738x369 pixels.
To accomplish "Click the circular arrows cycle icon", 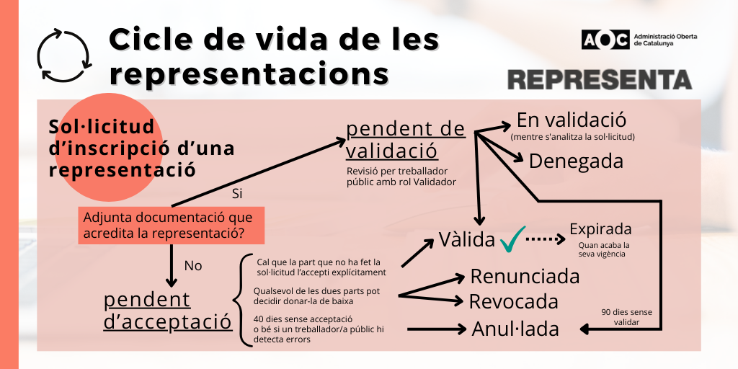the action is tap(64, 55).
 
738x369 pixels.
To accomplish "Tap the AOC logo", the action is tap(605, 40).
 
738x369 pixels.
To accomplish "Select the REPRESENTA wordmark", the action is tap(600, 79).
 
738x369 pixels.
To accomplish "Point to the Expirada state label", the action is tap(600, 229).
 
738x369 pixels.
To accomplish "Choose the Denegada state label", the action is tap(576, 161).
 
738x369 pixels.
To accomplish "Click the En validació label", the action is tap(572, 120).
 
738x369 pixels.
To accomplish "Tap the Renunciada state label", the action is tap(525, 276).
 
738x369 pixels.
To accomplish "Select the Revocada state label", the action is tap(514, 301).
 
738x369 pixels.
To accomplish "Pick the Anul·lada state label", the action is tap(515, 329).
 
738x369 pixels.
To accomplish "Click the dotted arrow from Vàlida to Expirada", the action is tap(546, 239).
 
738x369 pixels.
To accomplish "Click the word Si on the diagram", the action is tap(237, 193).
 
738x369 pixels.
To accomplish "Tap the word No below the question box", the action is tap(193, 266).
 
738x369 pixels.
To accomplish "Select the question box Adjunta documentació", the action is tap(172, 226).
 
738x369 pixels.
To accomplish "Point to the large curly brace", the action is tap(241, 300).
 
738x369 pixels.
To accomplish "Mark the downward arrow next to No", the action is tap(172, 265).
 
